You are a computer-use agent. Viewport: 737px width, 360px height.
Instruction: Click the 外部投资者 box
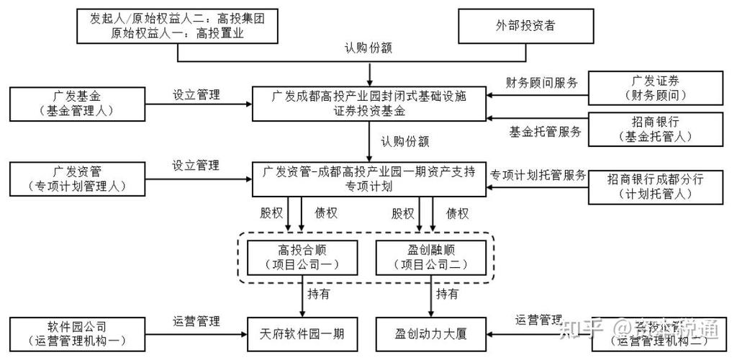tap(525, 25)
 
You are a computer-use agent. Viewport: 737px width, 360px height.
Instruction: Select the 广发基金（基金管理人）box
tap(77, 103)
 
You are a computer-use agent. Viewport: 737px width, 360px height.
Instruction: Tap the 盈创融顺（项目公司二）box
tap(433, 257)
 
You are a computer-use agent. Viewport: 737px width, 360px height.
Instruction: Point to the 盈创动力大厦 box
tap(432, 333)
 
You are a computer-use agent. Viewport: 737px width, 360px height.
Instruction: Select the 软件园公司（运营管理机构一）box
tap(77, 333)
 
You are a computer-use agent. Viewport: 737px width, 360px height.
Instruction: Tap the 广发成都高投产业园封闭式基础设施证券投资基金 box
tap(369, 103)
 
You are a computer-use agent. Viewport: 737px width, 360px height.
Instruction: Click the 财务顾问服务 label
tap(542, 82)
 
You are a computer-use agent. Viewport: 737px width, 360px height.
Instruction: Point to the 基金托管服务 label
tap(542, 132)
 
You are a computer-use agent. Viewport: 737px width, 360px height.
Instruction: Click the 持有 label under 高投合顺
tap(320, 294)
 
